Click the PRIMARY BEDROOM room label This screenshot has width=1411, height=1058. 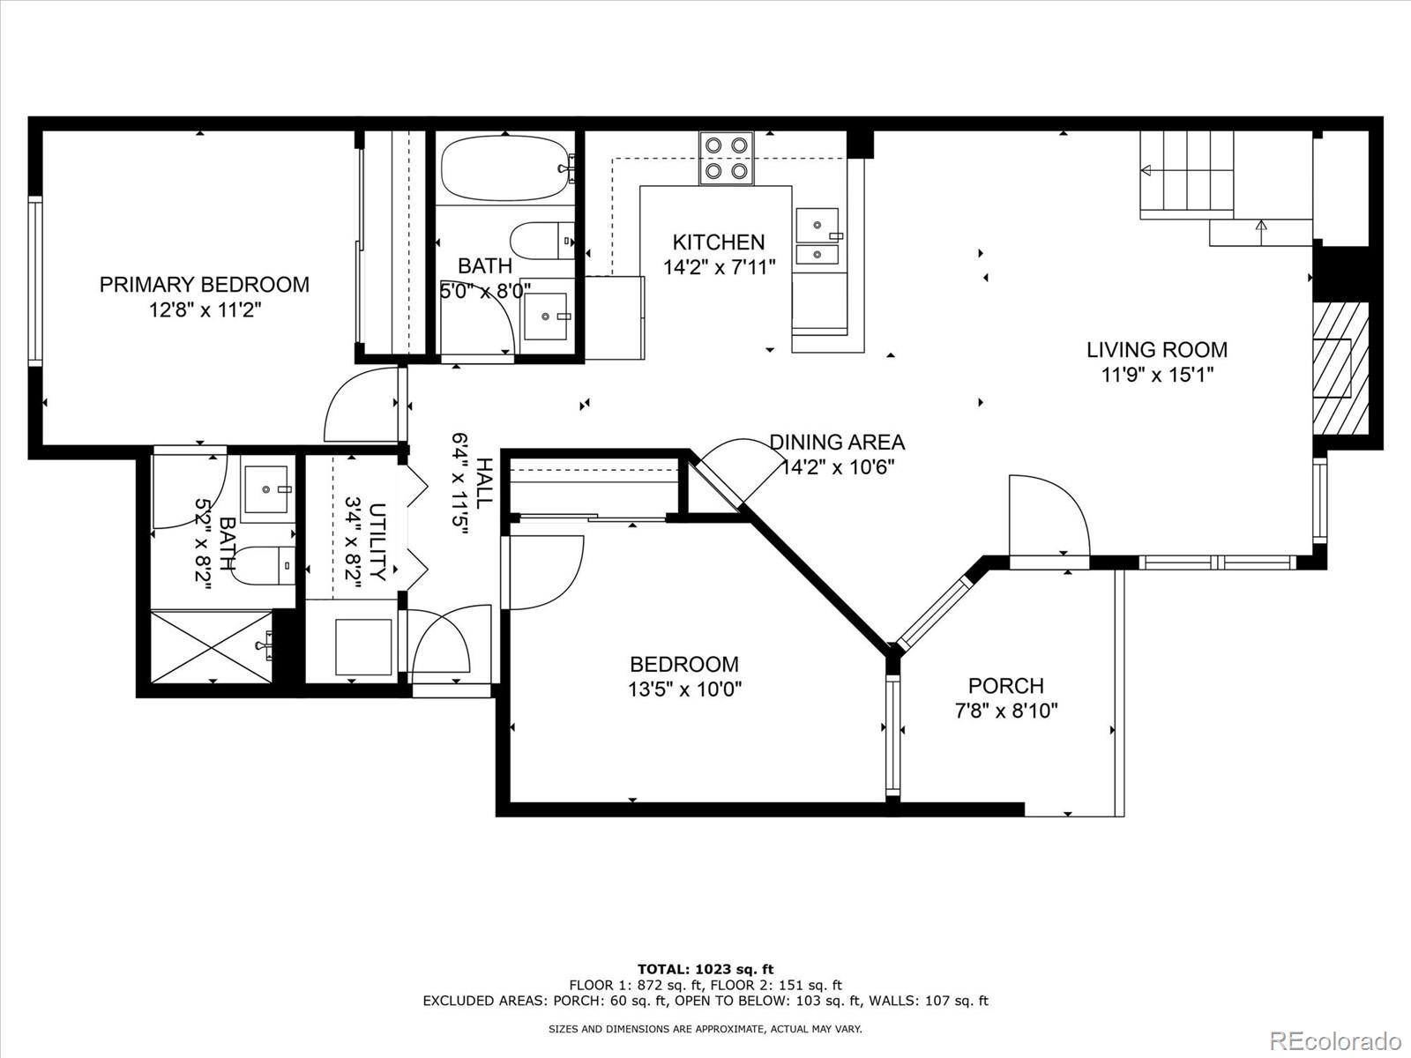click(x=204, y=285)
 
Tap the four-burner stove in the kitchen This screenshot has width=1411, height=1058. click(x=727, y=158)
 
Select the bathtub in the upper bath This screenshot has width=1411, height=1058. click(x=506, y=168)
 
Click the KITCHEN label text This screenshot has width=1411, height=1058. click(x=719, y=242)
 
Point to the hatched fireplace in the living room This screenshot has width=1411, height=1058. click(x=1340, y=368)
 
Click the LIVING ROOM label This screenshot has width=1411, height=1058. click(x=1157, y=350)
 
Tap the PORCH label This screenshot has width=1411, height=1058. click(x=1006, y=686)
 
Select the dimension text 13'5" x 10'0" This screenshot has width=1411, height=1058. click(x=684, y=690)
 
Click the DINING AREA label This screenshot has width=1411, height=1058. click(x=837, y=442)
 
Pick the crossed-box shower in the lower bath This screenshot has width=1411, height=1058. click(x=212, y=646)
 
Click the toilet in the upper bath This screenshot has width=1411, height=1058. click(x=541, y=240)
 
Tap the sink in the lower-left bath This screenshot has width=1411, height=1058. click(x=266, y=490)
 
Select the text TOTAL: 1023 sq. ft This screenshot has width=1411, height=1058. click(x=705, y=969)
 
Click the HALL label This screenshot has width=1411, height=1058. click(x=483, y=483)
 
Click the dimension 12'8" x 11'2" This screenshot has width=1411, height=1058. click(x=205, y=311)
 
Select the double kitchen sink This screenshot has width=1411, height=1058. click(x=817, y=236)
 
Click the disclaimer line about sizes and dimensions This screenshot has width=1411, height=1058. click(x=705, y=1029)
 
